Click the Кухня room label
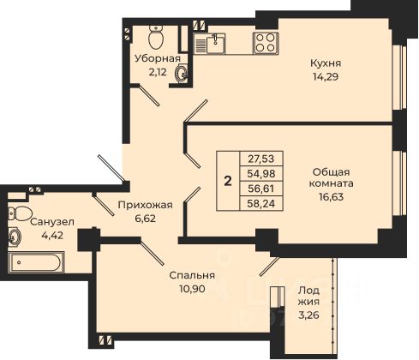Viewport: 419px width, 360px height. click(x=326, y=63)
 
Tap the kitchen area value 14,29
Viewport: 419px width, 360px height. click(x=326, y=76)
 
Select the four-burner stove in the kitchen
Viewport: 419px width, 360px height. click(x=266, y=43)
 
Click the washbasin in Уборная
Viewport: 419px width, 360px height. click(x=181, y=73)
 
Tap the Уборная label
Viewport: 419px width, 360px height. click(x=158, y=58)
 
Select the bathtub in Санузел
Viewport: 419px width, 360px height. click(x=36, y=262)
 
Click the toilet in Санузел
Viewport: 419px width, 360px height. click(x=20, y=213)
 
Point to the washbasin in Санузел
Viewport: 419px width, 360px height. click(x=14, y=237)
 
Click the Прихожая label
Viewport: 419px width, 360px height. click(x=146, y=205)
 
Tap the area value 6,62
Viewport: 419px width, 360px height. click(x=146, y=219)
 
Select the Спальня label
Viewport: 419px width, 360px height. click(x=192, y=275)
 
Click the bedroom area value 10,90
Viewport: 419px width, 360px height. click(x=192, y=289)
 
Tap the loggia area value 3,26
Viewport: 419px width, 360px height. click(x=308, y=315)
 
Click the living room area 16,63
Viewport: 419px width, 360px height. click(x=332, y=196)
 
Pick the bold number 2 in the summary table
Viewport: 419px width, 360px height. click(x=228, y=181)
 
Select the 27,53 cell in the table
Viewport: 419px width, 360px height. click(x=261, y=159)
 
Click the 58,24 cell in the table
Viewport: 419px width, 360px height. click(x=261, y=203)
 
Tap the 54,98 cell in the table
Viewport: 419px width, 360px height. click(x=261, y=173)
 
